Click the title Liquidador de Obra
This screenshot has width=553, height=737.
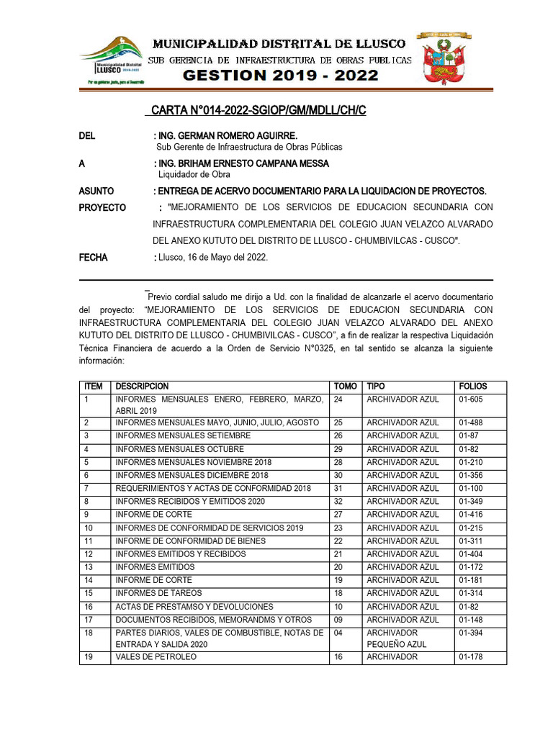[194, 174]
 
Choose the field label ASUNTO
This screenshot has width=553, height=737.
[96, 191]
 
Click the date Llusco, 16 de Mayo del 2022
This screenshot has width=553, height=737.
[212, 257]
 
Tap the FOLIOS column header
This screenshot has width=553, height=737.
[473, 386]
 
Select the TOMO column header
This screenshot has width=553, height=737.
[345, 386]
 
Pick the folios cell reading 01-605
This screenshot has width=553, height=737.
[472, 399]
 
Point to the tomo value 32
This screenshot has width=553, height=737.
[338, 502]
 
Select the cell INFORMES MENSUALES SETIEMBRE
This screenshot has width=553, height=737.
[183, 436]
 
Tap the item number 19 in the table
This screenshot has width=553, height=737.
[89, 657]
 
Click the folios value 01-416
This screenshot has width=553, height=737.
[472, 515]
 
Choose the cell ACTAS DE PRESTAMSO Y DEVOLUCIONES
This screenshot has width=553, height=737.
[194, 607]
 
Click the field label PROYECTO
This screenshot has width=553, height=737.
[102, 208]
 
